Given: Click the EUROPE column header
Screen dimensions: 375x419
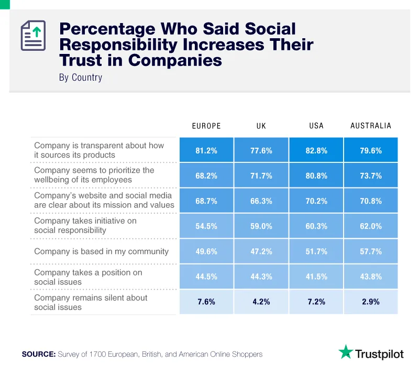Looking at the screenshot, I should coord(206,126).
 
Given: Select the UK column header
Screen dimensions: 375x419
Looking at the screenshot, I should coord(261,126).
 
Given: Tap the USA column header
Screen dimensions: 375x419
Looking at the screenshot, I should coord(316,126).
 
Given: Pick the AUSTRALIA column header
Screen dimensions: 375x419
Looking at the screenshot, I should coord(371,126).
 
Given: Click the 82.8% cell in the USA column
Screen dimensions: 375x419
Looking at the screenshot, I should coord(316,150).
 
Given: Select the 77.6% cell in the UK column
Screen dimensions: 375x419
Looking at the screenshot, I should coord(261,150).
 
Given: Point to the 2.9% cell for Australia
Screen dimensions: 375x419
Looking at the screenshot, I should coord(371,302).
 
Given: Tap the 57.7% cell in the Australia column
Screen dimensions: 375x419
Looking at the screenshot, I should coord(371,251).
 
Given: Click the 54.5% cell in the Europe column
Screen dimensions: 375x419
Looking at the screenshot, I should coord(206,226).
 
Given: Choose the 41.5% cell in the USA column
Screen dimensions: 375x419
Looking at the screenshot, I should coord(316,277).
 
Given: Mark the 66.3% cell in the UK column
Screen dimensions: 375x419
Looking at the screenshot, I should coord(261,201).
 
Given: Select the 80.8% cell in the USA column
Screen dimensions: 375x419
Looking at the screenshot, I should coord(316,176).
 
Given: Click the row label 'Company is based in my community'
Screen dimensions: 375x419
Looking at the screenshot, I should coord(102,251).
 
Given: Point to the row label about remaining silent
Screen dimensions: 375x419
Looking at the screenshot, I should coord(91,302).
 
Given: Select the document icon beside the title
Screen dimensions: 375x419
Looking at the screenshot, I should coord(33,36).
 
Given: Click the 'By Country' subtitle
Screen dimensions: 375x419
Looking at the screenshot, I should coord(81,78).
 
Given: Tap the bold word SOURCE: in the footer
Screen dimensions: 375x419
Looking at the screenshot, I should coord(39,355).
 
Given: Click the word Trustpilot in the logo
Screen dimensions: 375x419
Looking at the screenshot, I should coord(380,354).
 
